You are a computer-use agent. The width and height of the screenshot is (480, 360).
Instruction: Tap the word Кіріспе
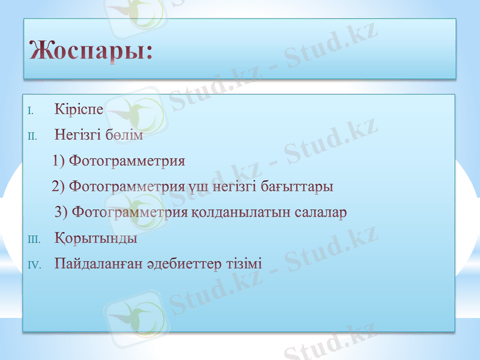pos(79,110)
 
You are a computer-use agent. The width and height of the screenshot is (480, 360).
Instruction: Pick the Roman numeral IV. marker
pos(34,265)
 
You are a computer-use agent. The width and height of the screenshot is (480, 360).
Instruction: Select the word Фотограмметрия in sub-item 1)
pos(127,161)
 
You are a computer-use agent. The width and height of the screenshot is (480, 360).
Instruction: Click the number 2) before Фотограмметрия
pos(58,187)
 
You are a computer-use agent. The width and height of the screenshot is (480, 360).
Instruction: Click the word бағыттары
pos(297,187)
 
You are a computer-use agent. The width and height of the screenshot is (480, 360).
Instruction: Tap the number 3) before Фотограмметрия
pos(61,213)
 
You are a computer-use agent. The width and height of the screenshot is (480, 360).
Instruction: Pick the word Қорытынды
pos(96,239)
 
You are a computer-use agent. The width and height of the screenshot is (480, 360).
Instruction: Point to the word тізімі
pos(244,264)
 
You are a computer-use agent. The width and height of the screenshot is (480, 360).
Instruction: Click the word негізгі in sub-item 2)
pos(234,187)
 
